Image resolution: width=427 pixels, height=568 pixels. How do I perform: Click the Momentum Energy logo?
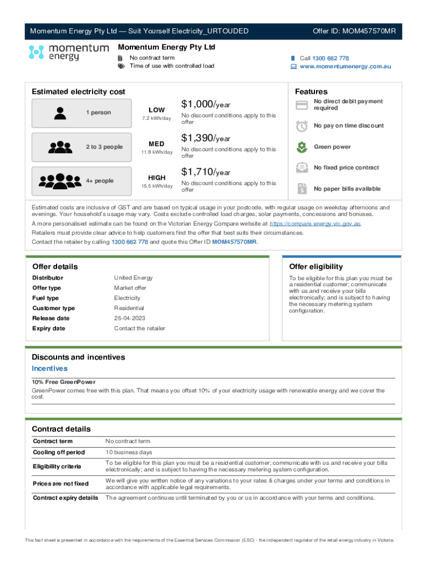pos(68,53)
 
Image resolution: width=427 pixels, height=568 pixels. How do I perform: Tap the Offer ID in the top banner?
pos(354,31)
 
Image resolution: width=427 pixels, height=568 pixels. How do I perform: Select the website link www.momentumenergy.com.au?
pos(345,67)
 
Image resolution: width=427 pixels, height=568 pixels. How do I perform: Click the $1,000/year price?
pos(205,104)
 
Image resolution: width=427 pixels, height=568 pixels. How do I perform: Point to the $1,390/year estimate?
pos(205,138)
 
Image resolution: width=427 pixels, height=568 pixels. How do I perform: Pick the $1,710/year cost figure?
pos(205,172)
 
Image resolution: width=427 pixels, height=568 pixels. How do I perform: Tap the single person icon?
pos(59,113)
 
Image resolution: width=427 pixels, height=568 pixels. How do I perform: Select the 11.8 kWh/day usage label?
pos(156,153)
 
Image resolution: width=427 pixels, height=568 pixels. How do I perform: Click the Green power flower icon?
pos(302,147)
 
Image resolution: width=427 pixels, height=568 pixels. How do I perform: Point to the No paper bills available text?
pos(347,189)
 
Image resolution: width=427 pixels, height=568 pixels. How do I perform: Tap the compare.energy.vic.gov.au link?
pos(314,224)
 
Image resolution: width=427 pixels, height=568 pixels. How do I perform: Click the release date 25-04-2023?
pos(130,318)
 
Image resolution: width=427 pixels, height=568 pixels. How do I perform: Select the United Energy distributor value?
pos(133,278)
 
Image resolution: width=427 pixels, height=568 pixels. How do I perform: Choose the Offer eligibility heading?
pos(316,267)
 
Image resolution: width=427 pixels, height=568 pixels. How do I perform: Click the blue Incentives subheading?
pos(49,369)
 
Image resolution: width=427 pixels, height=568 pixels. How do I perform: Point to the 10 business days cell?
pos(129,453)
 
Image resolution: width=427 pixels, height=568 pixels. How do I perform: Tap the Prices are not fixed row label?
pos(60,484)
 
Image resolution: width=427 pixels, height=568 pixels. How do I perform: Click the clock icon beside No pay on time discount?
pos(302,126)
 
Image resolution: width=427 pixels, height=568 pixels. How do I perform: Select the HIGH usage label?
pos(156,177)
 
